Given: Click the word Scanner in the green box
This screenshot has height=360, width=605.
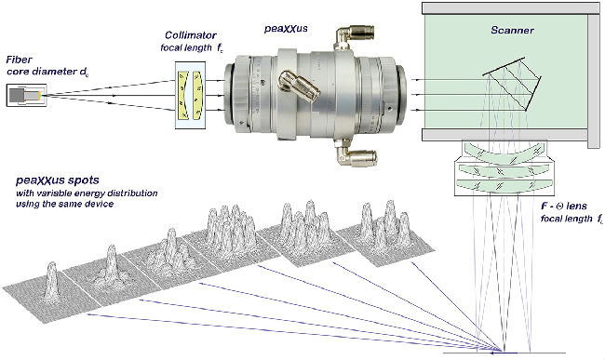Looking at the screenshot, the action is tap(512, 30).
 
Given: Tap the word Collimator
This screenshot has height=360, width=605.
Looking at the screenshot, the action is tap(191, 35).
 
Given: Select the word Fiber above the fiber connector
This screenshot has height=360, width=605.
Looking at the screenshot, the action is tap(19, 60).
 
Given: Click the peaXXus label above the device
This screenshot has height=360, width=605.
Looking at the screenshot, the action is tap(286, 29).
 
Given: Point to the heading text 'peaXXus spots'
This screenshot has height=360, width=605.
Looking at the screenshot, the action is tap(58, 180).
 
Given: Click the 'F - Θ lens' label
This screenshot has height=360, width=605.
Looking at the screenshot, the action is tap(564, 207).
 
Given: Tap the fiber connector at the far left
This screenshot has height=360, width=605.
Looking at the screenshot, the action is tap(27, 95).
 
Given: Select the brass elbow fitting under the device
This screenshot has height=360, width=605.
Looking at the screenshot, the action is tap(356, 153).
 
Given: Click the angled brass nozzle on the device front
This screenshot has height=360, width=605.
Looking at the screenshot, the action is tap(299, 86).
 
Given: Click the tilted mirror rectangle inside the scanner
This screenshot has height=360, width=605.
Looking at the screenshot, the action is tap(512, 84).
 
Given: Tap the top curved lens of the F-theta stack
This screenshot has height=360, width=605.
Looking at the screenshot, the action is tap(504, 152).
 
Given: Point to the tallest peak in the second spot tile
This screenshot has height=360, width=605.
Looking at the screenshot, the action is tap(112, 259).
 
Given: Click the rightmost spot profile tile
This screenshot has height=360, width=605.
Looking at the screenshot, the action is tap(386, 235).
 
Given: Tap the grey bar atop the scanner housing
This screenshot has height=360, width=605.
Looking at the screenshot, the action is tap(511, 8).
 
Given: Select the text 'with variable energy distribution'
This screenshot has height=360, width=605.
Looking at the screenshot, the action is tap(87, 193).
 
